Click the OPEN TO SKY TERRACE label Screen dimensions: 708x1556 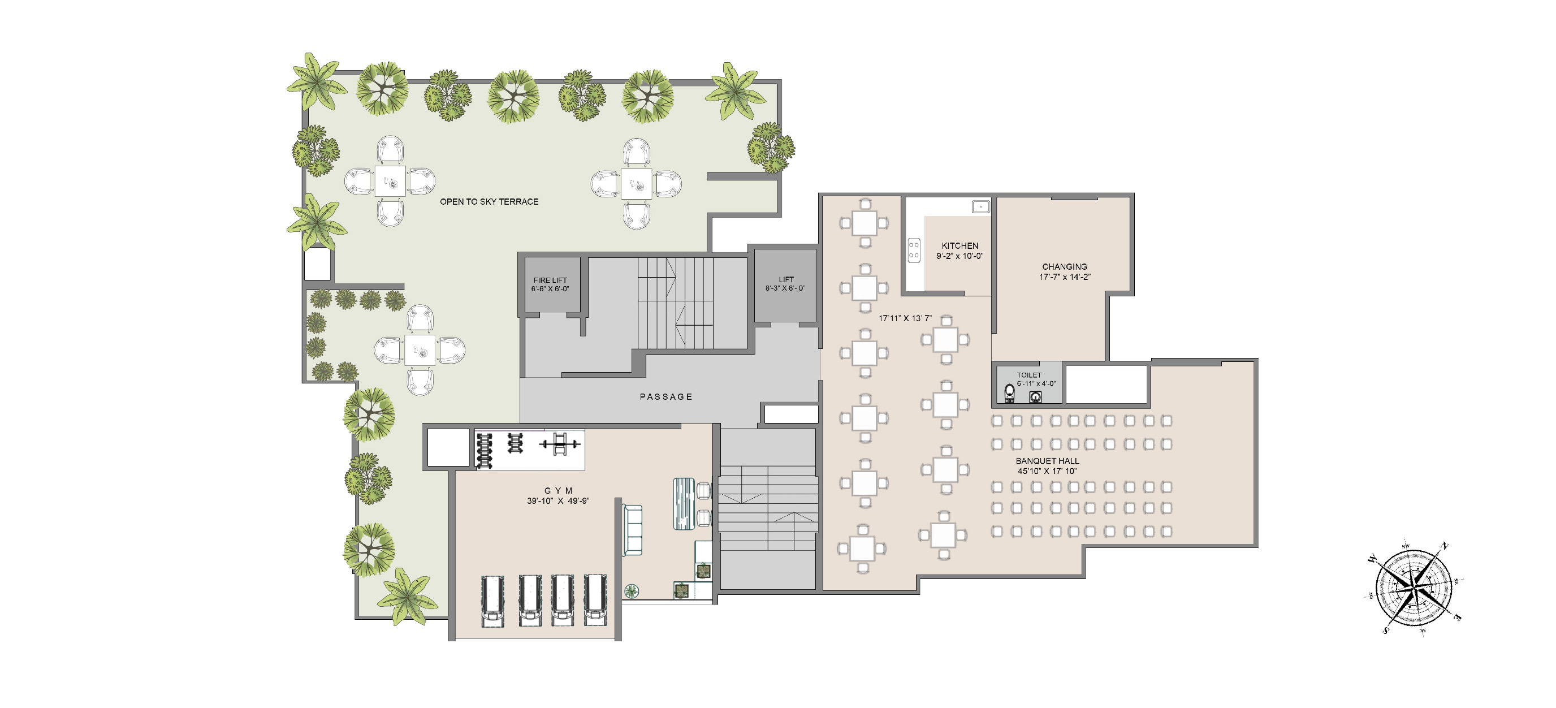[x=489, y=202]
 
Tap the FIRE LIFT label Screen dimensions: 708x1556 [x=550, y=280]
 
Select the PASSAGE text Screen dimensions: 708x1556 [x=665, y=397]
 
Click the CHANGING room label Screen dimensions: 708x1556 [x=1064, y=266]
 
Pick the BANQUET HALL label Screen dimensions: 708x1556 [x=1047, y=461]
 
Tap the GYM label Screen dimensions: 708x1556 [x=558, y=491]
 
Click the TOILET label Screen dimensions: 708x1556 [x=1028, y=375]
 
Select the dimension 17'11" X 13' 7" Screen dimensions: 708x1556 [x=905, y=318]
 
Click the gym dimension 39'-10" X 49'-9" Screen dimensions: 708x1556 [x=558, y=501]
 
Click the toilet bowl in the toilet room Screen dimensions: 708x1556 [x=1009, y=393]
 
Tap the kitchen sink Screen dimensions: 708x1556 [x=980, y=207]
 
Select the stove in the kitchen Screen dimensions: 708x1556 [x=914, y=250]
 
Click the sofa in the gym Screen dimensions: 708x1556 [x=632, y=530]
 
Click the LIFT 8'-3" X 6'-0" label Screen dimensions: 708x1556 [x=785, y=284]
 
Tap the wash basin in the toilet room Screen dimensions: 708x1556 [x=1036, y=397]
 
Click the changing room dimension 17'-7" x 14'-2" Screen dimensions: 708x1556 [x=1064, y=277]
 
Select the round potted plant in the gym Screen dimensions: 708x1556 [x=632, y=590]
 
